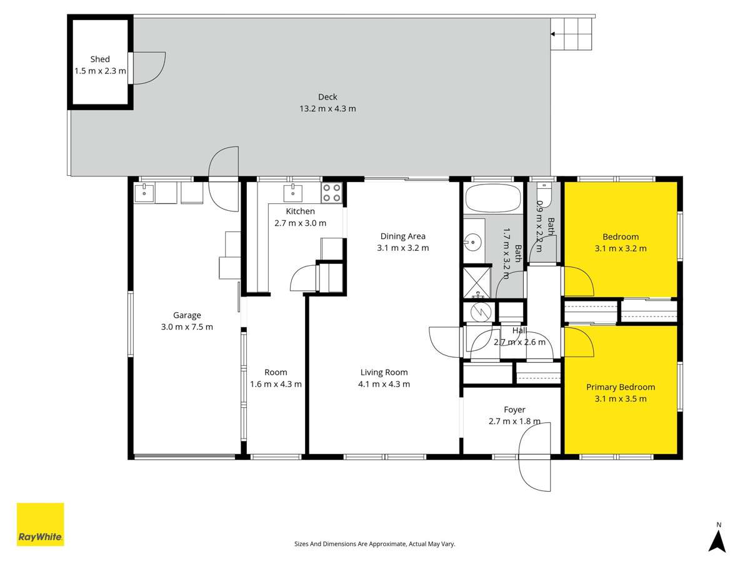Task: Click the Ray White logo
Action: (x=40, y=524)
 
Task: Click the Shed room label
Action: (x=100, y=59)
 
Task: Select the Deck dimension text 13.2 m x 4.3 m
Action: (x=327, y=108)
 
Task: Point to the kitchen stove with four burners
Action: (x=332, y=193)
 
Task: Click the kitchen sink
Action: (x=293, y=191)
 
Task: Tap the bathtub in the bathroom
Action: (x=493, y=199)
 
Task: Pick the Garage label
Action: (x=187, y=315)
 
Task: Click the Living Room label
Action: (x=384, y=372)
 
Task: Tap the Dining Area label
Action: (x=403, y=236)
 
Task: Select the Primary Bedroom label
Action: (x=620, y=387)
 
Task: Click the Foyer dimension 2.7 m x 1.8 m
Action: (x=514, y=421)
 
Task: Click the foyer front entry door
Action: (x=534, y=457)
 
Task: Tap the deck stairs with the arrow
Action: (x=571, y=34)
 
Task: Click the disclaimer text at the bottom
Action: (x=374, y=544)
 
